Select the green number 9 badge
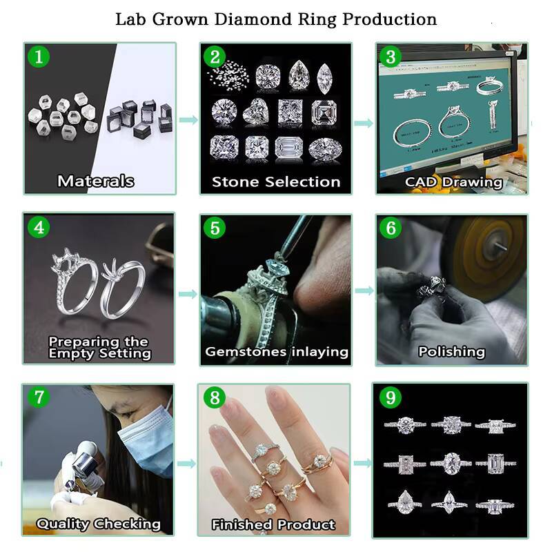point(391,398)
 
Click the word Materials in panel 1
point(96,181)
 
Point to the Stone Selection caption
point(276,182)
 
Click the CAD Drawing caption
point(453,182)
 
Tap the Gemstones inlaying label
point(276,352)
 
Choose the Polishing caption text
point(451,352)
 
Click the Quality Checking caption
point(98,524)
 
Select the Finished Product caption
point(273,525)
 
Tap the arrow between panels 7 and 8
point(186,463)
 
